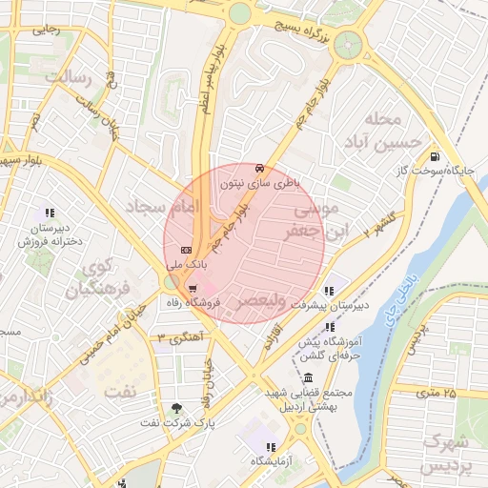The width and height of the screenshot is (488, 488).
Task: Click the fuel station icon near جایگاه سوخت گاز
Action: pyautogui.click(x=436, y=156)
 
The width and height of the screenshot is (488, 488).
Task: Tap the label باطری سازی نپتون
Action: pyautogui.click(x=260, y=179)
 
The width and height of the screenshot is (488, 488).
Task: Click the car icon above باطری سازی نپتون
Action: pyautogui.click(x=260, y=166)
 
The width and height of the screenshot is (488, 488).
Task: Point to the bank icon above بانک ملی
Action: pyautogui.click(x=185, y=251)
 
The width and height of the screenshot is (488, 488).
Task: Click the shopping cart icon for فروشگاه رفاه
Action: pyautogui.click(x=193, y=289)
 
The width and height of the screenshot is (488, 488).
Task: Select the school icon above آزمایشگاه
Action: pyautogui.click(x=272, y=447)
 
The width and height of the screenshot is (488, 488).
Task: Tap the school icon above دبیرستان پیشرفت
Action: pyautogui.click(x=329, y=292)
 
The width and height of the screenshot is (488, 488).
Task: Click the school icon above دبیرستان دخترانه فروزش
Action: pyautogui.click(x=50, y=213)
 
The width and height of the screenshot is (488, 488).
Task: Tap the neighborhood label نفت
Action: pyautogui.click(x=120, y=391)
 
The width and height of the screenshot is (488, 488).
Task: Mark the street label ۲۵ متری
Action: pyautogui.click(x=436, y=393)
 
